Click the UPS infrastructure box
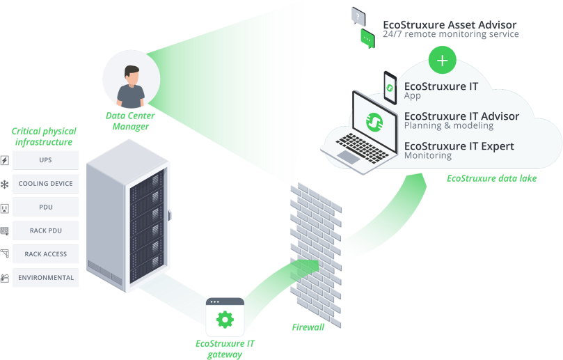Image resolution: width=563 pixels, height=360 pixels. (x=45, y=160)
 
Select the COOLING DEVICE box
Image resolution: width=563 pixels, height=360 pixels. (x=45, y=184)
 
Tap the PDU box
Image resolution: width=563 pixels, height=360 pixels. (x=45, y=207)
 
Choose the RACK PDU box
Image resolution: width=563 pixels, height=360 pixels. (x=45, y=230)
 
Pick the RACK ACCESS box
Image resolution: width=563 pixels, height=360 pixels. (x=45, y=254)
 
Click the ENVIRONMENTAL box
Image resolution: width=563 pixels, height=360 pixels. (x=45, y=278)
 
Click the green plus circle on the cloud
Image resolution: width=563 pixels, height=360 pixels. (x=442, y=61)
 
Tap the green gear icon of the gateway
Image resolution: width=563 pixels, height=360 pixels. (x=225, y=320)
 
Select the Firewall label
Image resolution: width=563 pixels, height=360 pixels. (x=307, y=327)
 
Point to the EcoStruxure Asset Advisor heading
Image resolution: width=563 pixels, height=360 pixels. (x=450, y=25)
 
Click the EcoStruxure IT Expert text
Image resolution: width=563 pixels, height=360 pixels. (x=459, y=146)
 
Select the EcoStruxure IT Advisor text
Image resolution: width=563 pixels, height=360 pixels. (x=461, y=116)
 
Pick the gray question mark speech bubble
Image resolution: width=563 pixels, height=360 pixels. (x=358, y=15)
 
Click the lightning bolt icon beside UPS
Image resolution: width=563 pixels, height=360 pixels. (x=5, y=161)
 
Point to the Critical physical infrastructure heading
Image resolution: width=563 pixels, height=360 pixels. (x=44, y=136)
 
